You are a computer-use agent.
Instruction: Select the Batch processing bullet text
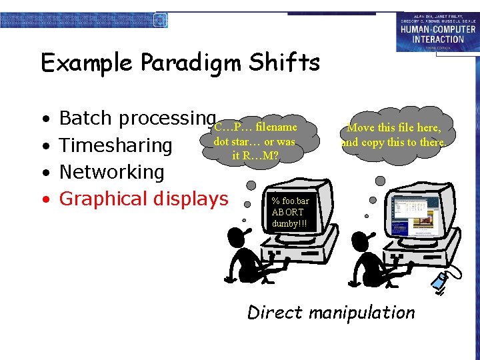click(137, 118)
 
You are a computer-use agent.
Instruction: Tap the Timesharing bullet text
click(116, 145)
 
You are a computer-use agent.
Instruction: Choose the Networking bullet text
click(111, 172)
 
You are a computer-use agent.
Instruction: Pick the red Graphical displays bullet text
click(143, 199)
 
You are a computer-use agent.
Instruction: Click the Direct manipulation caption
click(331, 312)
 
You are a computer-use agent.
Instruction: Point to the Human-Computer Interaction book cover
click(437, 31)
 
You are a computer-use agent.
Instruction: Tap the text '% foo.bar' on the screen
click(291, 201)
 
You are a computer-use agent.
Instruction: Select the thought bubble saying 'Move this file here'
click(394, 134)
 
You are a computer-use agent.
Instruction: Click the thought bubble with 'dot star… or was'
click(254, 141)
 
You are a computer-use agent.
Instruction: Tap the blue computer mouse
click(439, 283)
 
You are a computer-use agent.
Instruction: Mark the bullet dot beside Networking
click(44, 173)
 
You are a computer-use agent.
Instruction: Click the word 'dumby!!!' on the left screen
click(289, 223)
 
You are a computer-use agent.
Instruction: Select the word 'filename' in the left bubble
click(276, 127)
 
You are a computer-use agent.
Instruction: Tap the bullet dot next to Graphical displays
click(44, 199)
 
